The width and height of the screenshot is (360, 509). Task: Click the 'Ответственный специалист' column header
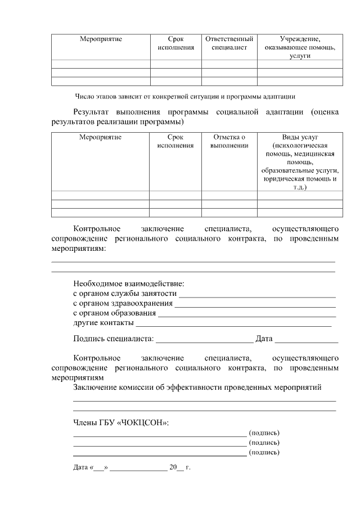point(229,43)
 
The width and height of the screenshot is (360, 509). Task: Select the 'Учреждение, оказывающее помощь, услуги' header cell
point(300,48)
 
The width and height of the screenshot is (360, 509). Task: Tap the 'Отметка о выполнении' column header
point(229,141)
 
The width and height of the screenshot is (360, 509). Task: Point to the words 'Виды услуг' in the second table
point(300,137)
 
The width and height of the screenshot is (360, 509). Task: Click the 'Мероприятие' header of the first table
point(101,39)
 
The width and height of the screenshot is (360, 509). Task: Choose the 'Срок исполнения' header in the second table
point(175,141)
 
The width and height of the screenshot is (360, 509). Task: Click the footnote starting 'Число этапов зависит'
point(185,96)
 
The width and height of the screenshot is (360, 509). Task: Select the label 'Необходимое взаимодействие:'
point(129,283)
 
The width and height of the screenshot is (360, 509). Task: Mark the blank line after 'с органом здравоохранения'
point(255,305)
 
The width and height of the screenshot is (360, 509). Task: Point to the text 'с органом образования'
point(115,313)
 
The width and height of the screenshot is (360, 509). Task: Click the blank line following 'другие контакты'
point(233,325)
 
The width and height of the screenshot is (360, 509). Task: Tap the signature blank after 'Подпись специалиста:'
point(204,340)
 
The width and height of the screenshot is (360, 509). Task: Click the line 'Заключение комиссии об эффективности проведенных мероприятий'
point(197,388)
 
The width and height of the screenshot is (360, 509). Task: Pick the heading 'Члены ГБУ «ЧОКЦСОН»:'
point(121,422)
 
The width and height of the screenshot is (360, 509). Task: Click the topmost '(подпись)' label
point(264,433)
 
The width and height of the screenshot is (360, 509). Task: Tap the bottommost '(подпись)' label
point(264,452)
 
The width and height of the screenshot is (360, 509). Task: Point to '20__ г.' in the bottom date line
point(180,467)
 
